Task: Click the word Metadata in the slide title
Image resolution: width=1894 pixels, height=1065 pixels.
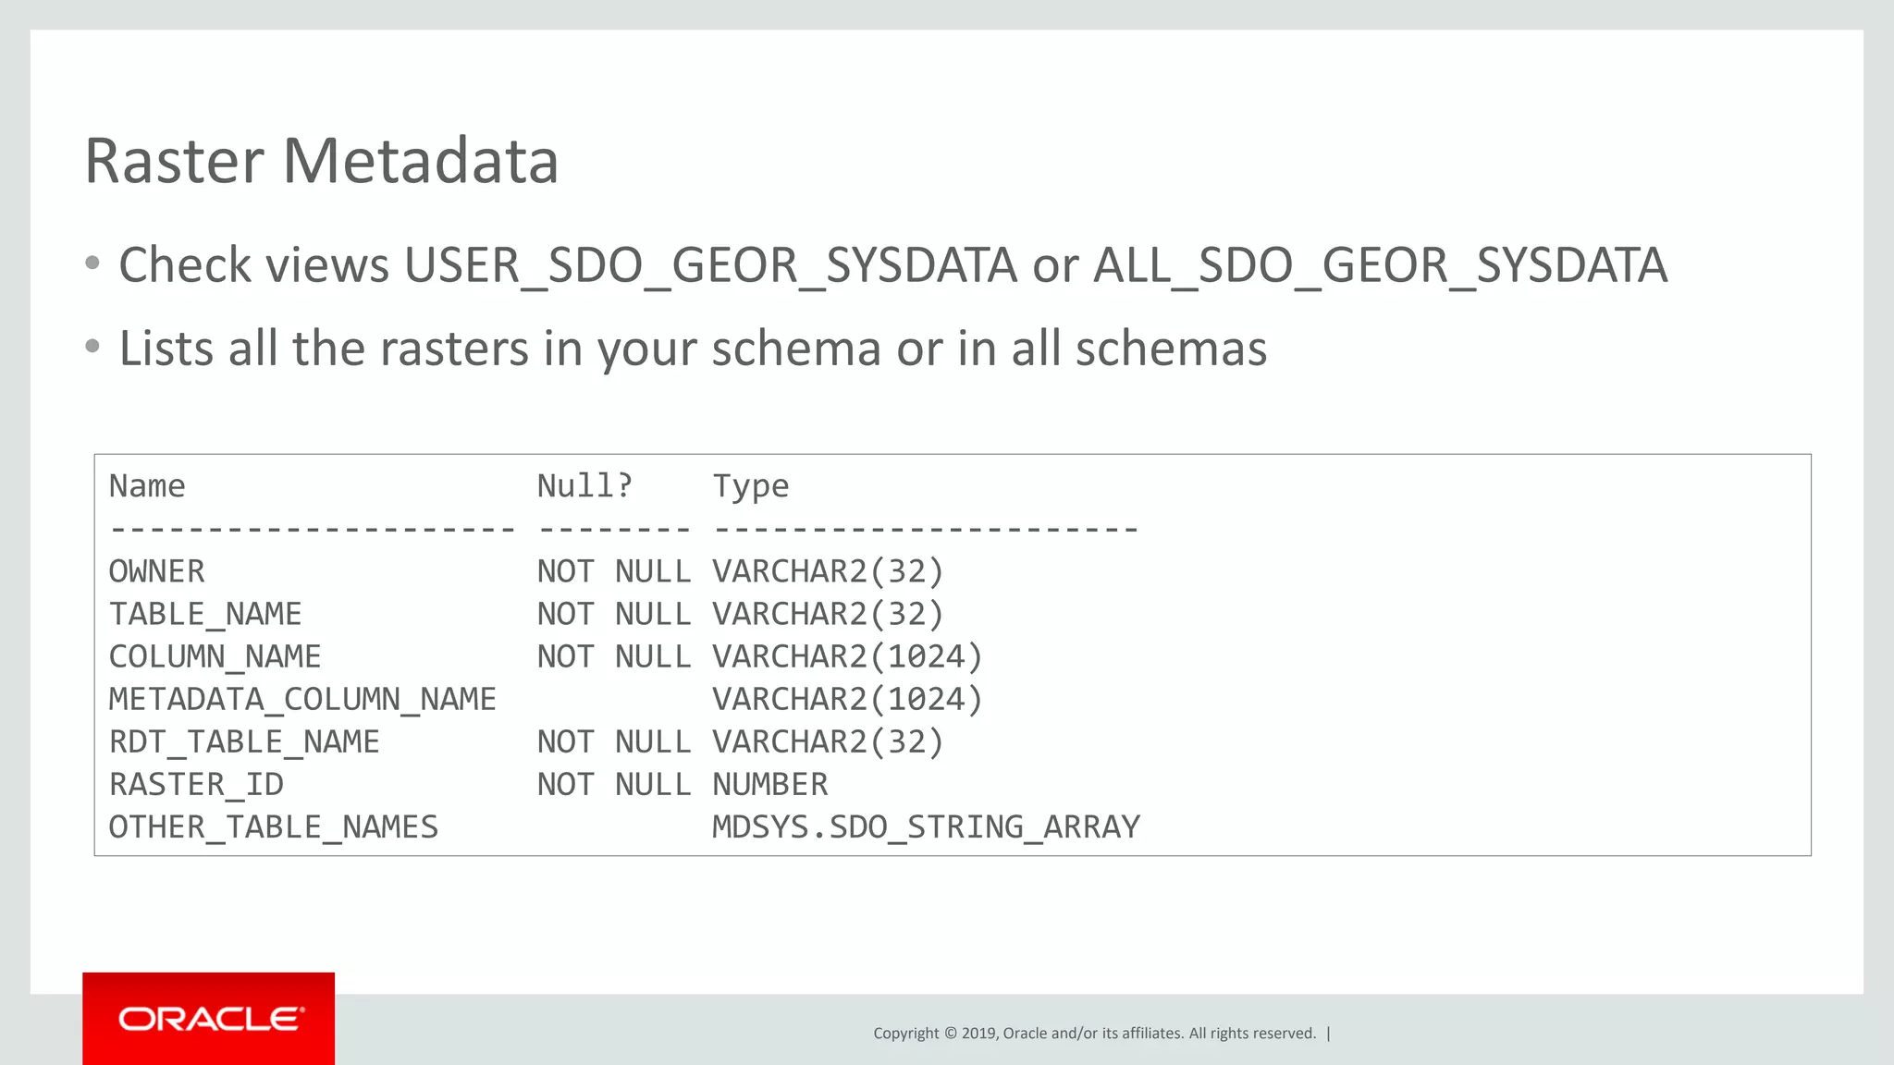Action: (420, 161)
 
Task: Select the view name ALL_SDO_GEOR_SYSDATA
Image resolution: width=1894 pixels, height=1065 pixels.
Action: (1380, 266)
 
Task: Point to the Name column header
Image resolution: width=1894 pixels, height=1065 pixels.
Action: (147, 486)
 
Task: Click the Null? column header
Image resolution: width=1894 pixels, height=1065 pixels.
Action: (584, 486)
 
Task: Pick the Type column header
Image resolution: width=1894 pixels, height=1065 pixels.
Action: (750, 486)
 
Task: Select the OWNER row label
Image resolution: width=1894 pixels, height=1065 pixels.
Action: (156, 571)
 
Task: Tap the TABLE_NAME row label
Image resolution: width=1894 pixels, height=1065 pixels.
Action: (205, 614)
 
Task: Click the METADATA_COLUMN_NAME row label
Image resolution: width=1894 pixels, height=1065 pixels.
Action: (302, 699)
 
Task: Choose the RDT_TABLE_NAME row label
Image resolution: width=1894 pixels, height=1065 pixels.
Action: (244, 741)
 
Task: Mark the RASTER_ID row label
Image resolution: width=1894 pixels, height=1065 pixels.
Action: (196, 784)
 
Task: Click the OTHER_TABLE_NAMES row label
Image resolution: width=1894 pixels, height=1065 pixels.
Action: (273, 826)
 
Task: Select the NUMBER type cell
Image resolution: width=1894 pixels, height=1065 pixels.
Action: (769, 784)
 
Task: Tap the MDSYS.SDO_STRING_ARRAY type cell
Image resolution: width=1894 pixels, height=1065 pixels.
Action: (926, 826)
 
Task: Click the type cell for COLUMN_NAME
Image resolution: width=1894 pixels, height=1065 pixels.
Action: (847, 656)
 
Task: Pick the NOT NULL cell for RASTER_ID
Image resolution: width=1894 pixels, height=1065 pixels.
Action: (613, 784)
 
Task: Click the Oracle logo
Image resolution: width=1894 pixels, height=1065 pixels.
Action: (209, 1019)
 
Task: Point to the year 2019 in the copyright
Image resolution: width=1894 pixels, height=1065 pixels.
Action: (979, 1034)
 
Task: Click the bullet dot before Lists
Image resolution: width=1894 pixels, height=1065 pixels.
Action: (92, 348)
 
